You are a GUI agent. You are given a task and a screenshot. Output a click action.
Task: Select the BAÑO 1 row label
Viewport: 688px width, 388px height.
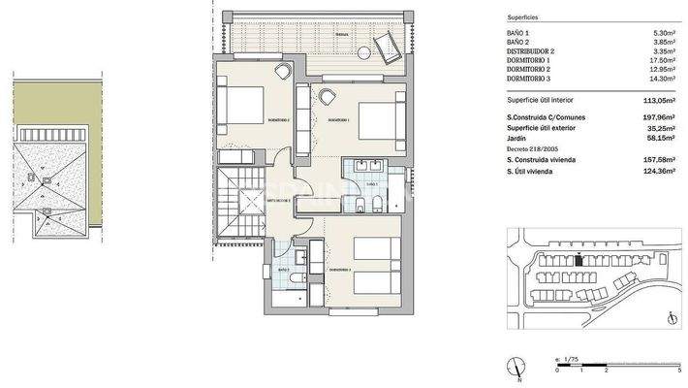pos(518,33)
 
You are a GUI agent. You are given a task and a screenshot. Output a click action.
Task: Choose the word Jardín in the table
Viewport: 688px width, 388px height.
pos(518,138)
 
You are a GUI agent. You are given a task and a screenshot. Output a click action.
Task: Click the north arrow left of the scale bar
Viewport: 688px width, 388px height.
pos(519,366)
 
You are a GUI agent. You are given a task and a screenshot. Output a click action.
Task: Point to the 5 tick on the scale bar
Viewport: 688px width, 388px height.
pos(679,372)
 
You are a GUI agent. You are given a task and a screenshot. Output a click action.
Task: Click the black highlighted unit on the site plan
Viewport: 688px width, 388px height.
pos(579,258)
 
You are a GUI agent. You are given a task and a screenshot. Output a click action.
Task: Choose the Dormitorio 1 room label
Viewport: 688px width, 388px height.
pos(338,120)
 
